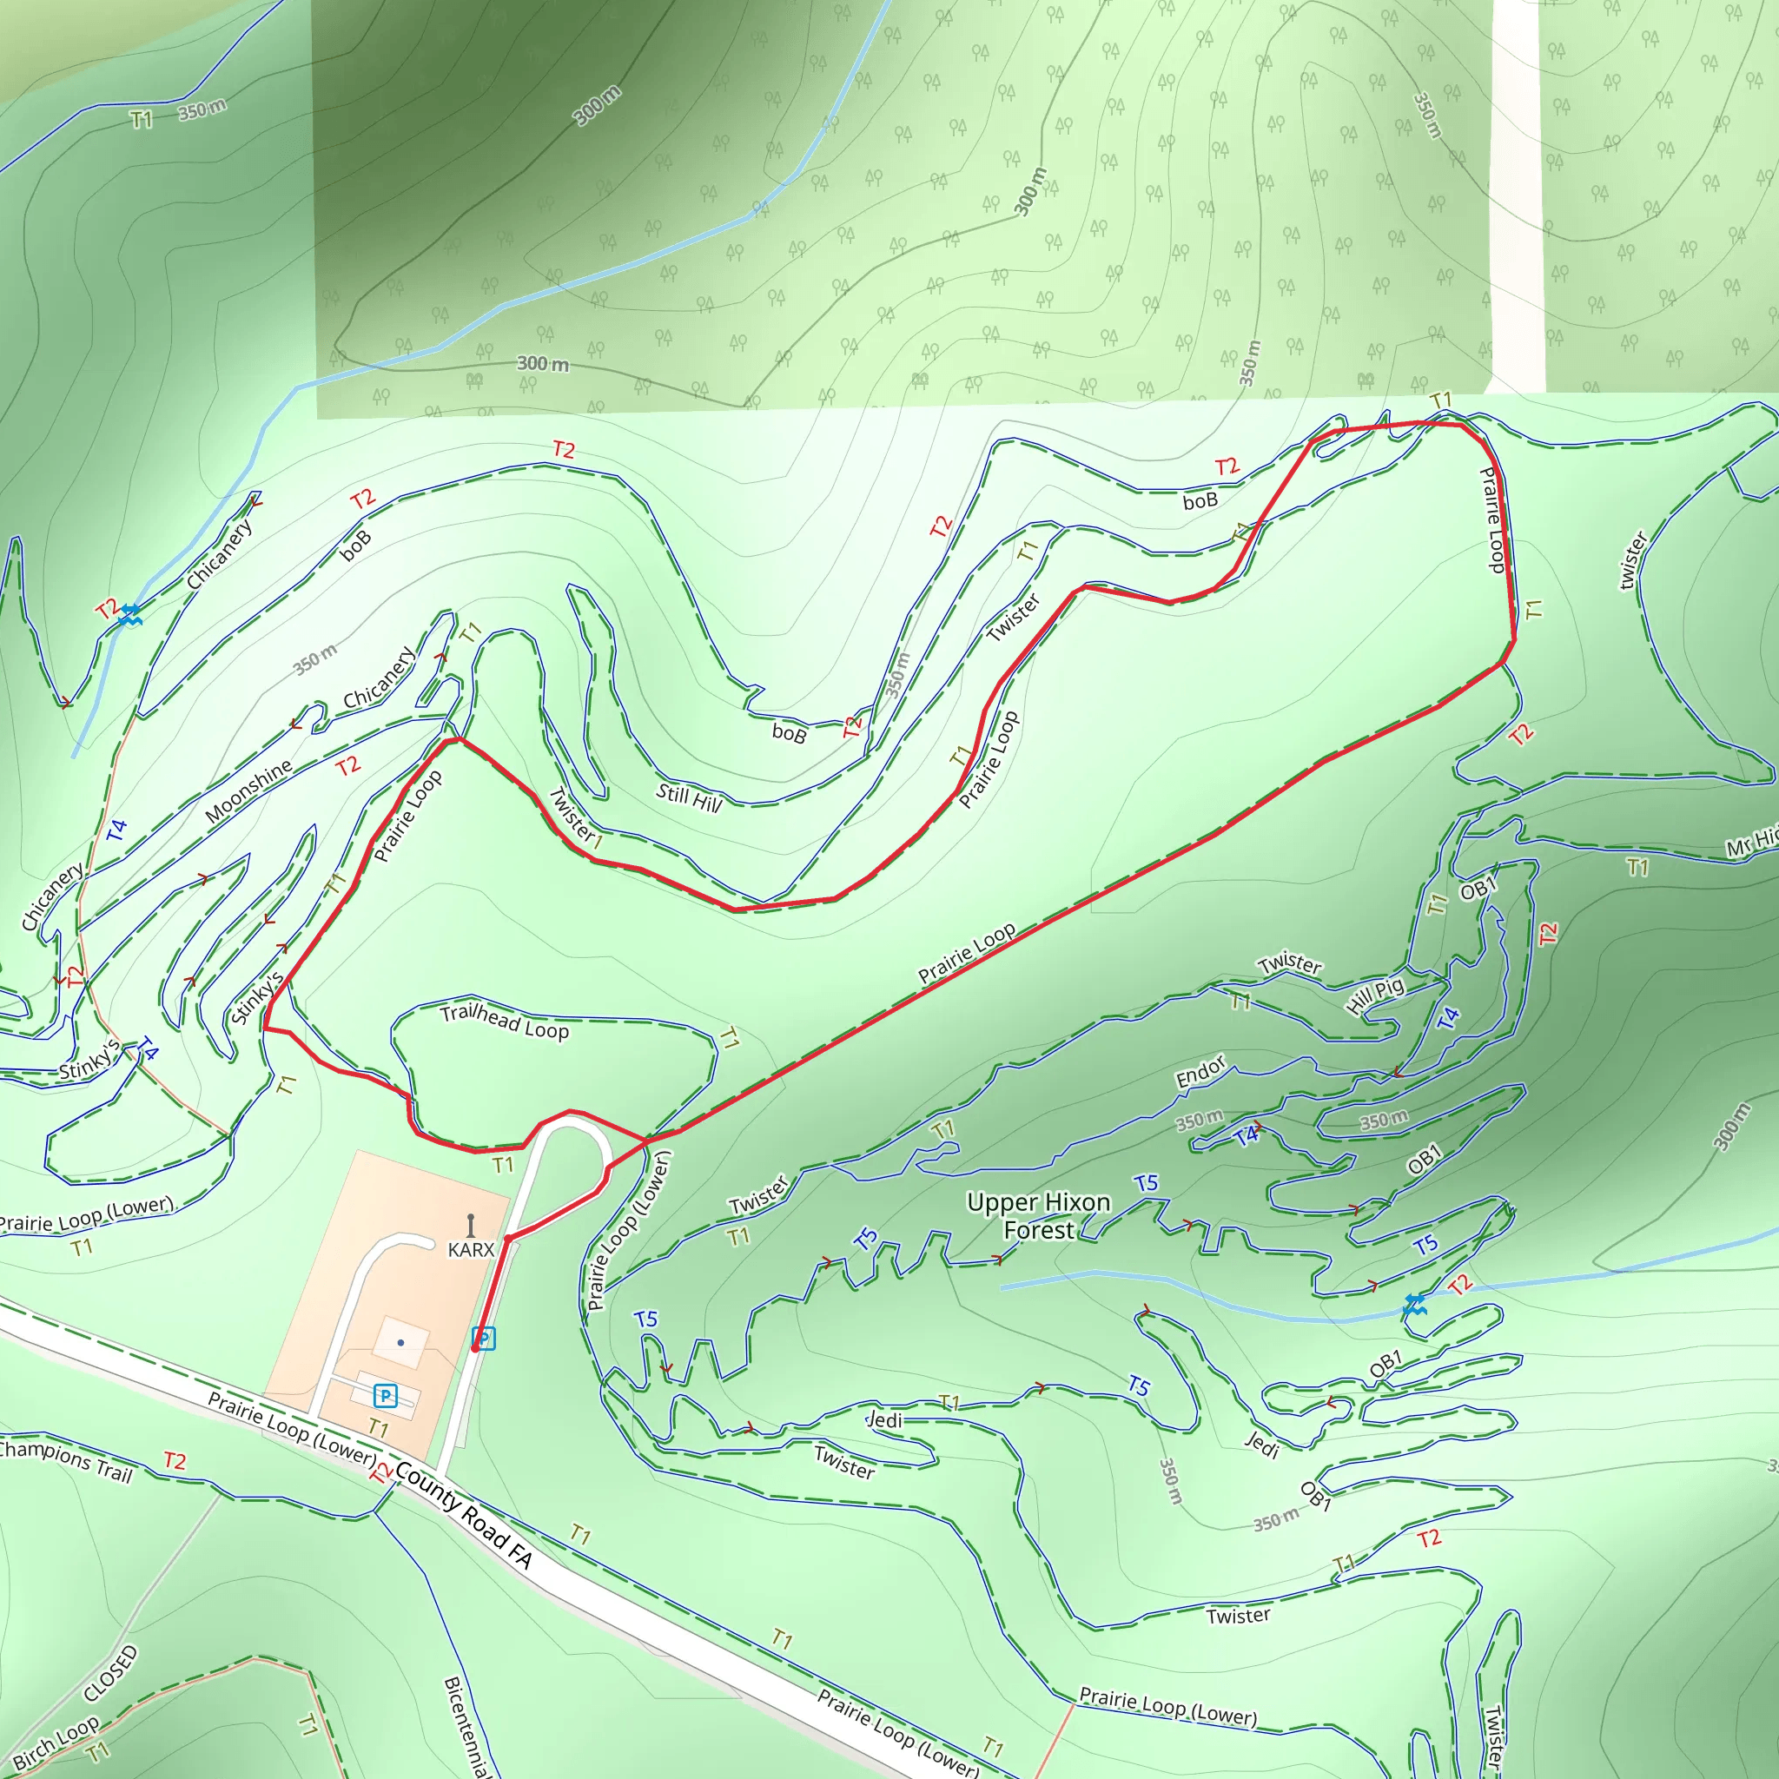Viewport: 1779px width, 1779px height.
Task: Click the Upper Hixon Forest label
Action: [1038, 1215]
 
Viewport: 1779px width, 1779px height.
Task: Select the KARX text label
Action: [471, 1249]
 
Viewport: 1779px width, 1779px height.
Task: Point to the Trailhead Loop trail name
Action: [504, 1022]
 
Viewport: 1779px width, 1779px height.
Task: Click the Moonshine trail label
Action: [248, 791]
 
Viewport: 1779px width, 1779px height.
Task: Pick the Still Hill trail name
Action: [689, 797]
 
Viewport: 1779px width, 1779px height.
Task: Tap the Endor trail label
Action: [1200, 1071]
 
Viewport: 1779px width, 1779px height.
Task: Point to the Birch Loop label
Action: [56, 1743]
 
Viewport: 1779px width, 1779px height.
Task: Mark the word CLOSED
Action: [110, 1673]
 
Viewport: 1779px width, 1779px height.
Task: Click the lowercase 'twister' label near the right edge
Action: [1632, 560]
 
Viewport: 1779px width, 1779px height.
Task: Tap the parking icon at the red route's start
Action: [484, 1338]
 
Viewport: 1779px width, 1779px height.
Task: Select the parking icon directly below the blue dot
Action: [385, 1396]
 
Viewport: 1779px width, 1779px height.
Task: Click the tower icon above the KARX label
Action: [471, 1226]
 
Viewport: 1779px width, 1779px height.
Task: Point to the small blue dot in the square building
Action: [400, 1343]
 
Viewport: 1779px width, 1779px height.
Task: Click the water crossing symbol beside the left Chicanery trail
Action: [129, 614]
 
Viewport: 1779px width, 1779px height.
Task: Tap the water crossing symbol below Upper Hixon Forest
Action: [1414, 1304]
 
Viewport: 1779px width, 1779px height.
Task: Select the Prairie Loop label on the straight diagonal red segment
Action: [966, 953]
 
